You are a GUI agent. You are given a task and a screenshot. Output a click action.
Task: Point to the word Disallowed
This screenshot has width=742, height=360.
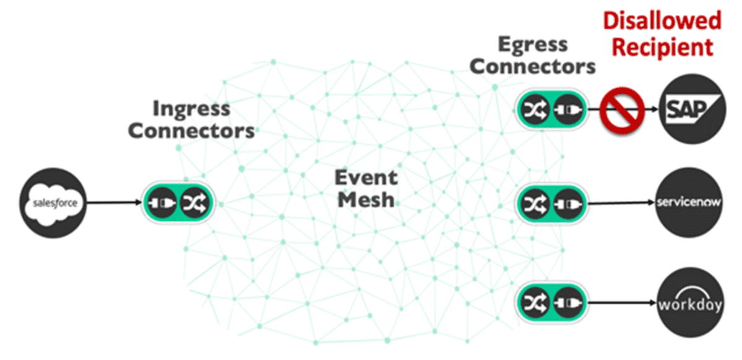coord(662,20)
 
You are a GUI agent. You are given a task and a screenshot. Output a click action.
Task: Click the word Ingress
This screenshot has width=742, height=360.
coord(191,109)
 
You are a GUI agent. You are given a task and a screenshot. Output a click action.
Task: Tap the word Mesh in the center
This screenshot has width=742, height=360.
coord(365,200)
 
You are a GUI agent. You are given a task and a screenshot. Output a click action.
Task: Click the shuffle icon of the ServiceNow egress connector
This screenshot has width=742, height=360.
coord(534,203)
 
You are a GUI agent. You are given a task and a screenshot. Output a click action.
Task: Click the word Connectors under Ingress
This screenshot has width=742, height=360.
coord(191,131)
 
